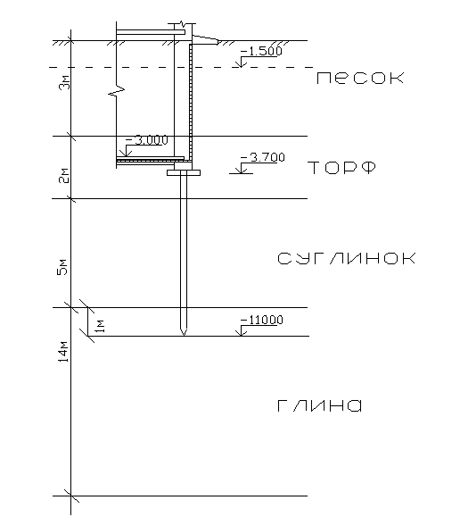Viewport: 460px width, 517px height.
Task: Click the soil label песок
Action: coord(360,79)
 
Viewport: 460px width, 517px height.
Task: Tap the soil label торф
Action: coord(341,168)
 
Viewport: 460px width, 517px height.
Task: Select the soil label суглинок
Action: coord(347,258)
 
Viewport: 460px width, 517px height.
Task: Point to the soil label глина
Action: coord(319,405)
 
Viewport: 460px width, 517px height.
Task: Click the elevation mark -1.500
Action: coord(261,52)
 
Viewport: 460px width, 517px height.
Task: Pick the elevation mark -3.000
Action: coord(147,140)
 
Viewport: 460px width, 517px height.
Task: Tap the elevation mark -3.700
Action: coord(263,158)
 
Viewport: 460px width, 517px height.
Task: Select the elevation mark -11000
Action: coord(262,320)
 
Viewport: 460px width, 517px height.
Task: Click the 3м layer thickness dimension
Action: coord(65,82)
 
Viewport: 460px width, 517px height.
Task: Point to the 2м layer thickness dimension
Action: coord(65,176)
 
